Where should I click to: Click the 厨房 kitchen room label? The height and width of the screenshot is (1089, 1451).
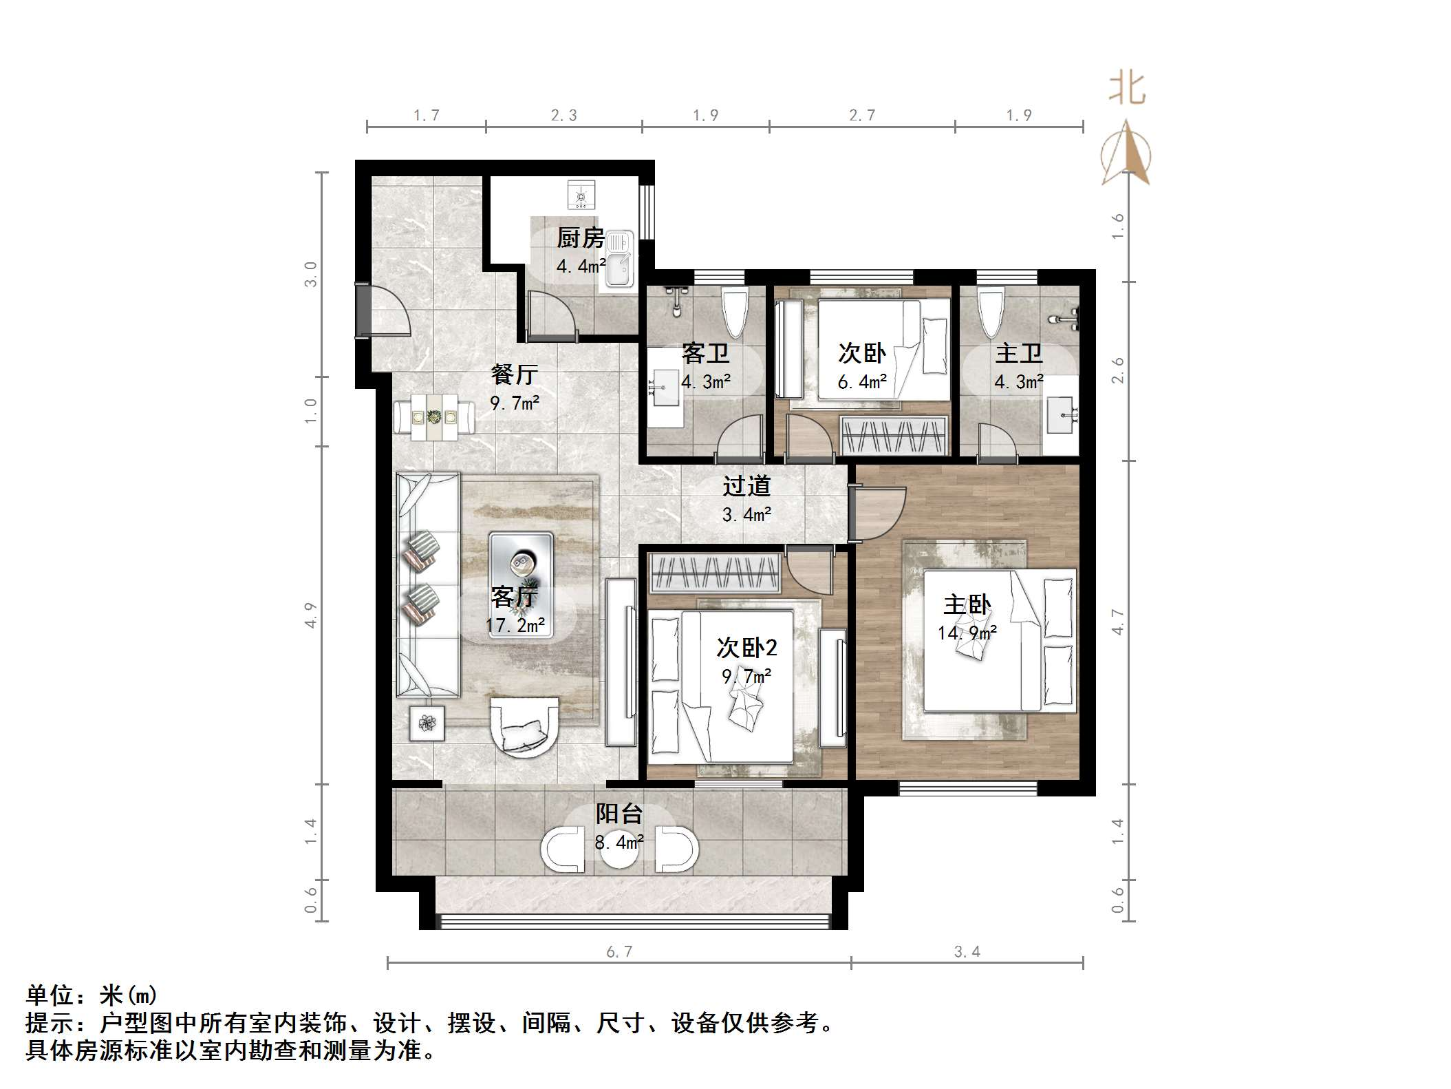click(580, 238)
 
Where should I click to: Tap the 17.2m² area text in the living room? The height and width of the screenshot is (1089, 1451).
click(515, 625)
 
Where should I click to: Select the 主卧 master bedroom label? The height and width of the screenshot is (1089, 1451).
click(967, 605)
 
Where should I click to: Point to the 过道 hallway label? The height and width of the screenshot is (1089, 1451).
click(746, 486)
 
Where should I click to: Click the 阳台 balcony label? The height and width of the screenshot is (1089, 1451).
click(619, 814)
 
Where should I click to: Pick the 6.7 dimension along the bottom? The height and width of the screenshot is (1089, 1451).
click(619, 951)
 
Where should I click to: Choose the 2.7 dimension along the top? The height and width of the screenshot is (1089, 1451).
click(862, 115)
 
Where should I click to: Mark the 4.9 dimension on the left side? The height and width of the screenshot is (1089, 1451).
click(311, 615)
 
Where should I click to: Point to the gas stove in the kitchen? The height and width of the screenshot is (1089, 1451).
click(581, 194)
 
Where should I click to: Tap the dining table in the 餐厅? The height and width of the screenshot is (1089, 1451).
click(434, 416)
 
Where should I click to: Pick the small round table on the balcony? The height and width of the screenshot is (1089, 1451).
click(619, 850)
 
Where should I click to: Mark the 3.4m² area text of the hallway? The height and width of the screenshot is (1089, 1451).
click(746, 514)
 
